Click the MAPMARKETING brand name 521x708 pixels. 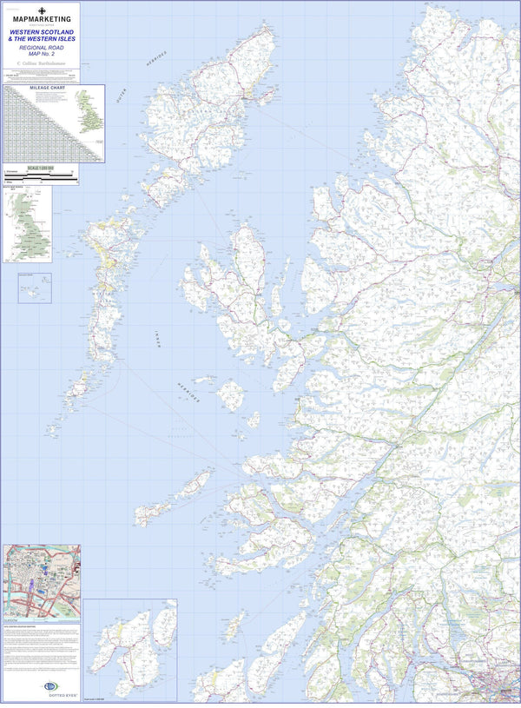(x=41, y=18)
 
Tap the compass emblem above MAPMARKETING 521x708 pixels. (x=41, y=8)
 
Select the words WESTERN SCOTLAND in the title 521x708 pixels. (x=41, y=31)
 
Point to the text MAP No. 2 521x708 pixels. (x=41, y=56)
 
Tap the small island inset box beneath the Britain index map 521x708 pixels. (x=34, y=288)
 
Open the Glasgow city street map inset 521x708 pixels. (x=41, y=581)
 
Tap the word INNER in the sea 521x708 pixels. (x=157, y=336)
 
